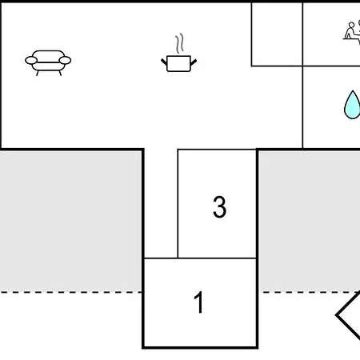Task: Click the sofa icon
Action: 48,63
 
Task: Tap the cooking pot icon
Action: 178,63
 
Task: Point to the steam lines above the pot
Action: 180,43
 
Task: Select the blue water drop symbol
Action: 352,105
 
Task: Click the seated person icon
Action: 352,30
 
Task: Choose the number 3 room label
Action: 219,207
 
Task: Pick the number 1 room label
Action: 199,302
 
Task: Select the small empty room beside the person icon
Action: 277,34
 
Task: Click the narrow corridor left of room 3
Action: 161,203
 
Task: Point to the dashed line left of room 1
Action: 70,292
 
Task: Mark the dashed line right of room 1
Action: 310,292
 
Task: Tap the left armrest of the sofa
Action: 31,60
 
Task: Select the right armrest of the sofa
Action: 65,60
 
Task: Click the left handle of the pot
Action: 164,62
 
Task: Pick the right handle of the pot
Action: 194,62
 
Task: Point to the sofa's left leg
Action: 37,73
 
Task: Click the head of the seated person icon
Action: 352,25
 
